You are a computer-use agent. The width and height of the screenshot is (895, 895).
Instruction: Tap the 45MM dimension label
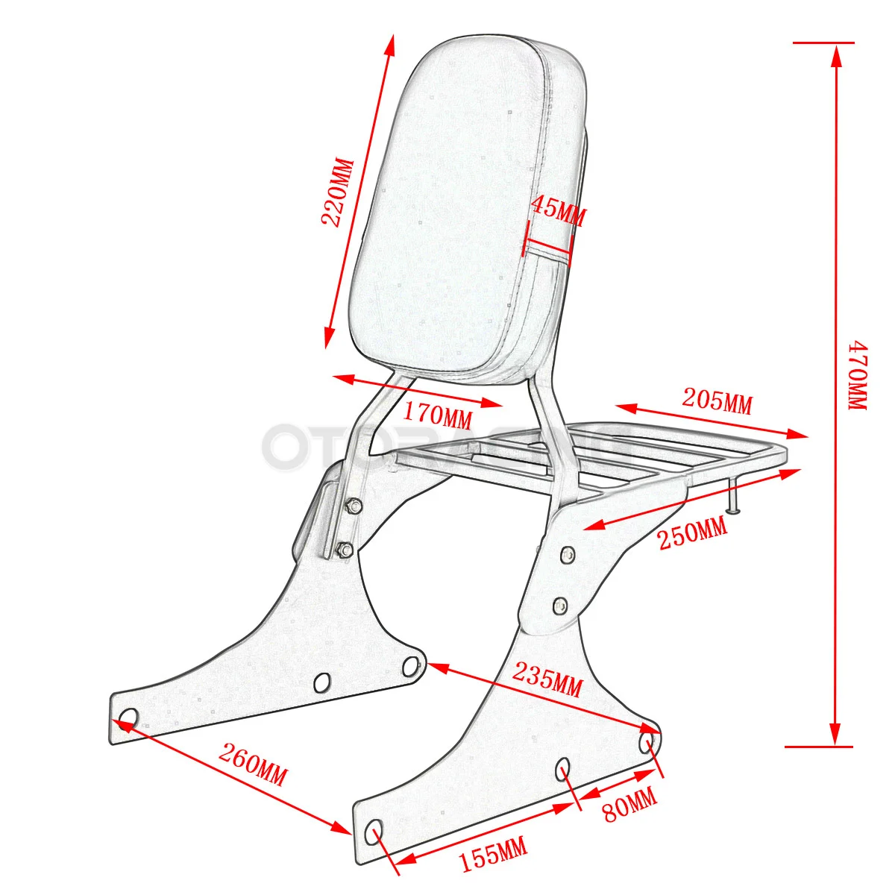[559, 211]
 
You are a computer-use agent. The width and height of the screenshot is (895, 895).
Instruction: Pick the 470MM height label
[857, 375]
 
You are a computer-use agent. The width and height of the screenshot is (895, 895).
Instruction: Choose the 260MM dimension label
[252, 765]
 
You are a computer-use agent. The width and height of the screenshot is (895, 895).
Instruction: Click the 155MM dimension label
[492, 854]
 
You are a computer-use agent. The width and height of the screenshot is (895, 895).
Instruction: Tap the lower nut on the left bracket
[345, 551]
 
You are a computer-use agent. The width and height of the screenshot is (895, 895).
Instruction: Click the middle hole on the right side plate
[565, 767]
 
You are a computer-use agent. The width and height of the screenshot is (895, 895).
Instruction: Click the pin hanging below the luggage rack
[734, 497]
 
